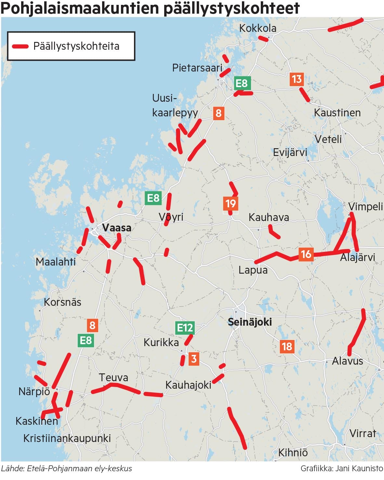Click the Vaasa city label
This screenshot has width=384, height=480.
116,227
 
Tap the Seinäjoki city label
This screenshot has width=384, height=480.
249,322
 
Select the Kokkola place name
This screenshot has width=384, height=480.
258,28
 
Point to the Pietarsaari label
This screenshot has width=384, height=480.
197,68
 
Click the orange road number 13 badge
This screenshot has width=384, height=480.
297,79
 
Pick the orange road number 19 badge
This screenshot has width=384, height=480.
231,204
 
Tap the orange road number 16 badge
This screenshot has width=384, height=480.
306,254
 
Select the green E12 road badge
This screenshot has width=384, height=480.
185,328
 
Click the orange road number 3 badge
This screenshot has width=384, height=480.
194,359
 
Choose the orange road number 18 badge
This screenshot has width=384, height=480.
287,346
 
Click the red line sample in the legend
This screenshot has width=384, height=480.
20,46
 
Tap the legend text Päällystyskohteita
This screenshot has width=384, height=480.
76,46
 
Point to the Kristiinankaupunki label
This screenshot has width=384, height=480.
67,438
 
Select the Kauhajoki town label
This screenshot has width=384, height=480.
188,385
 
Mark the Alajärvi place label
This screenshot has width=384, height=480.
357,257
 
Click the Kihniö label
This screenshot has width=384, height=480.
293,452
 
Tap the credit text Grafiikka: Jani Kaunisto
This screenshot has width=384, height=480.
342,469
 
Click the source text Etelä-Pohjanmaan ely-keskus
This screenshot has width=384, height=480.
80,469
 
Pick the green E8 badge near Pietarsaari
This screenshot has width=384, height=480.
242,83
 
